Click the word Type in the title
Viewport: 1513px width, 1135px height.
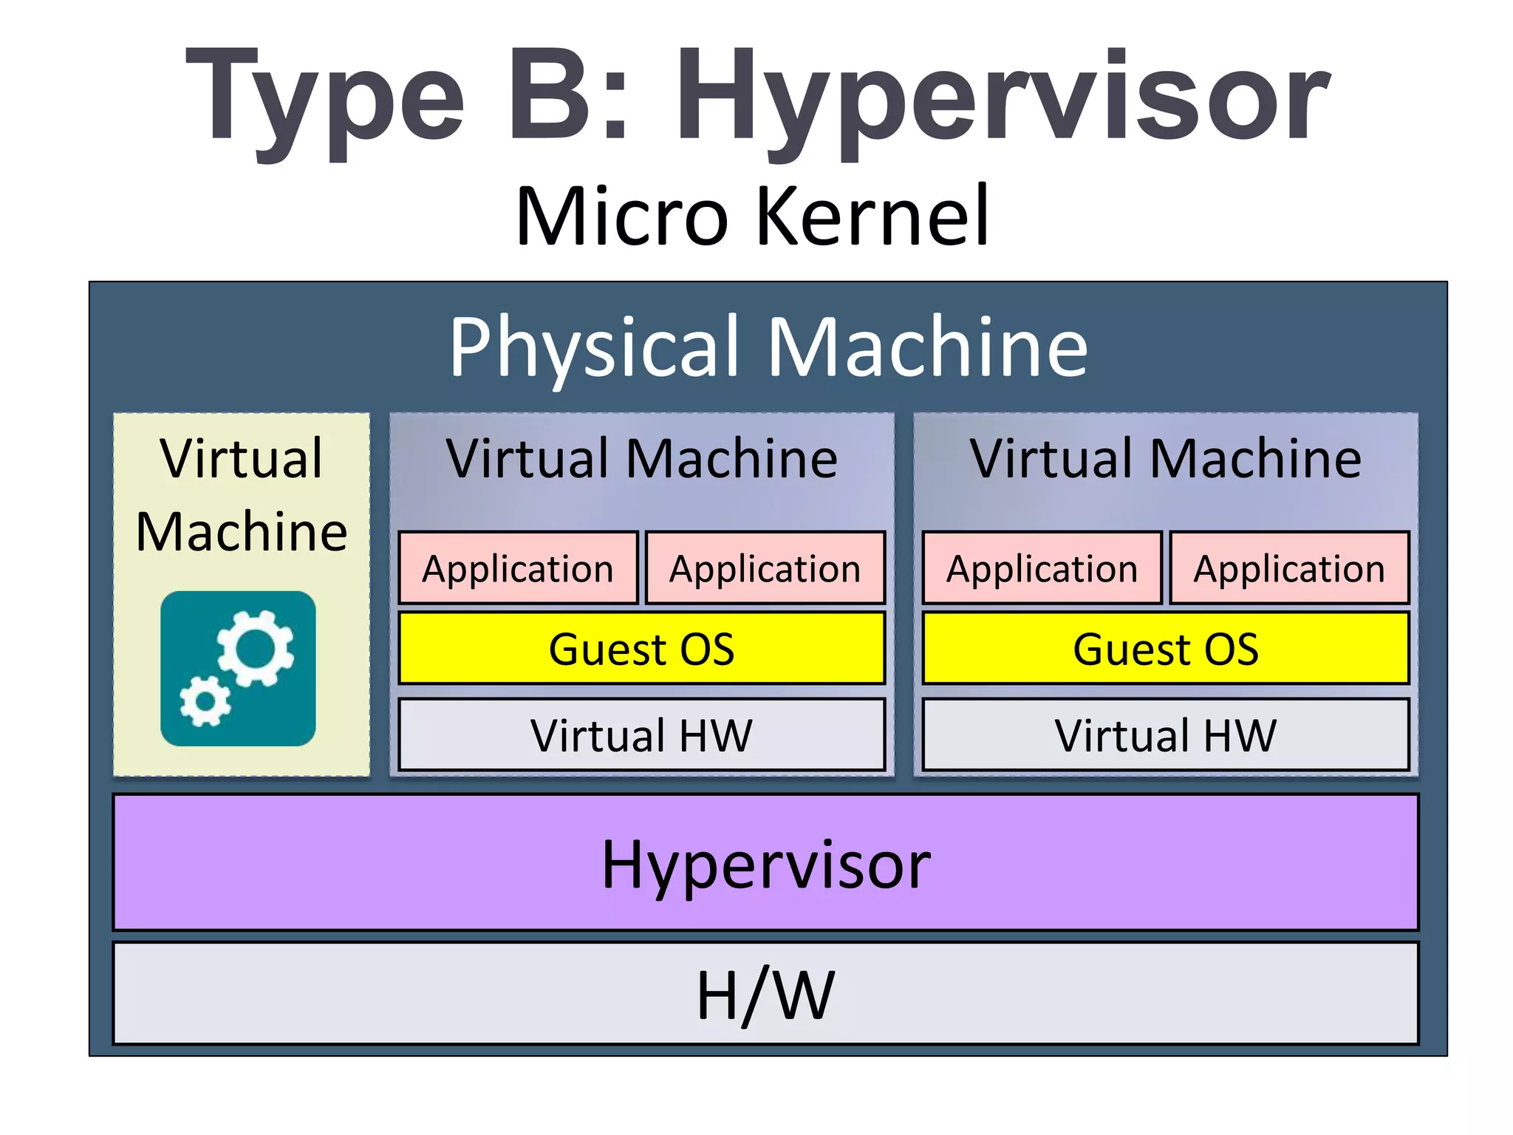[325, 100]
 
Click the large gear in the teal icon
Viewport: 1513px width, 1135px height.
[256, 649]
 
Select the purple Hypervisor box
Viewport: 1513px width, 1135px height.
[765, 862]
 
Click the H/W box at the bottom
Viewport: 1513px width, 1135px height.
[765, 994]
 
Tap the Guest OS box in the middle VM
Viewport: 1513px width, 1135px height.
[641, 648]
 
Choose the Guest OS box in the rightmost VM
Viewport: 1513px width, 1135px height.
[1165, 648]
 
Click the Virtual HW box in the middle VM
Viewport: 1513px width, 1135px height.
[641, 734]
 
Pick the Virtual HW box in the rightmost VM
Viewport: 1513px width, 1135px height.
[1165, 734]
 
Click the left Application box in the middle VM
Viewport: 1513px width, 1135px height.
[518, 568]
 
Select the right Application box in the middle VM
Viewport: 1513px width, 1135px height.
[765, 568]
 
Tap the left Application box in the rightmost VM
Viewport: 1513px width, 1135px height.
[1042, 568]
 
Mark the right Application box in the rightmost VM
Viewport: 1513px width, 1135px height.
[1289, 568]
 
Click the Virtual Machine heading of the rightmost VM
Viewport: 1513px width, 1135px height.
[1165, 459]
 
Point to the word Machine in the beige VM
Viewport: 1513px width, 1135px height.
[242, 531]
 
